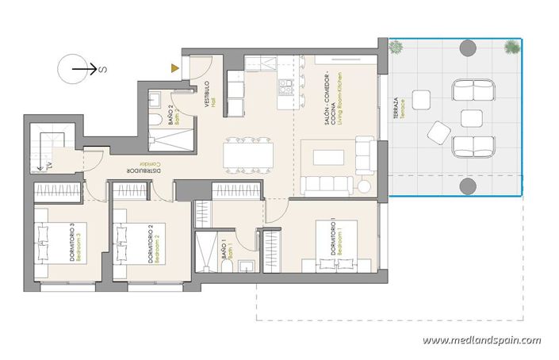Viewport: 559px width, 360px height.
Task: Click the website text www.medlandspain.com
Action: (x=481, y=340)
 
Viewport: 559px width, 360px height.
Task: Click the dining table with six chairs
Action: (x=247, y=155)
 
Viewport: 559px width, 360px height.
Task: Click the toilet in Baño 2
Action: (x=156, y=100)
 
